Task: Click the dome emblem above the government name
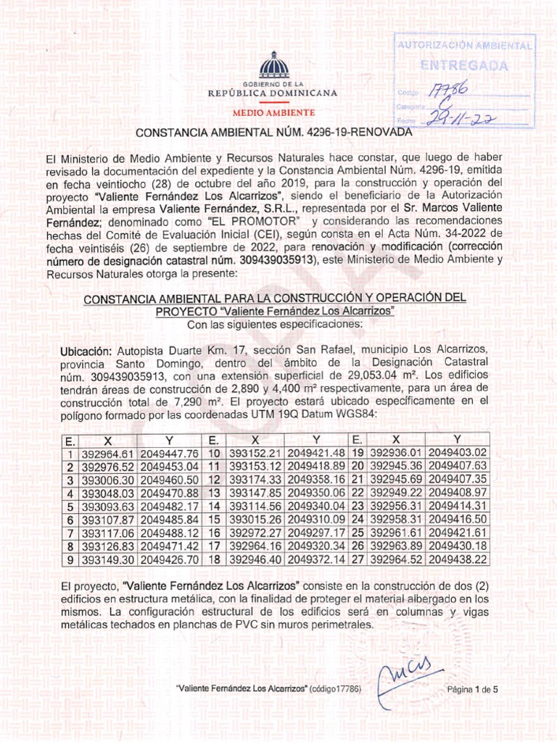coord(273,66)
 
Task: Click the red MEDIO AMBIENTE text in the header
coord(273,114)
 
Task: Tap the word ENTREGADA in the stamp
coord(464,66)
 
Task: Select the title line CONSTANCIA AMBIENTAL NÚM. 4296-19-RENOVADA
coord(274,134)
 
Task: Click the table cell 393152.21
coord(253,453)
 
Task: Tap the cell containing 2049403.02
coord(457,453)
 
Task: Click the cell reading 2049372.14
coord(317,559)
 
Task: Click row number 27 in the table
coord(357,559)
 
